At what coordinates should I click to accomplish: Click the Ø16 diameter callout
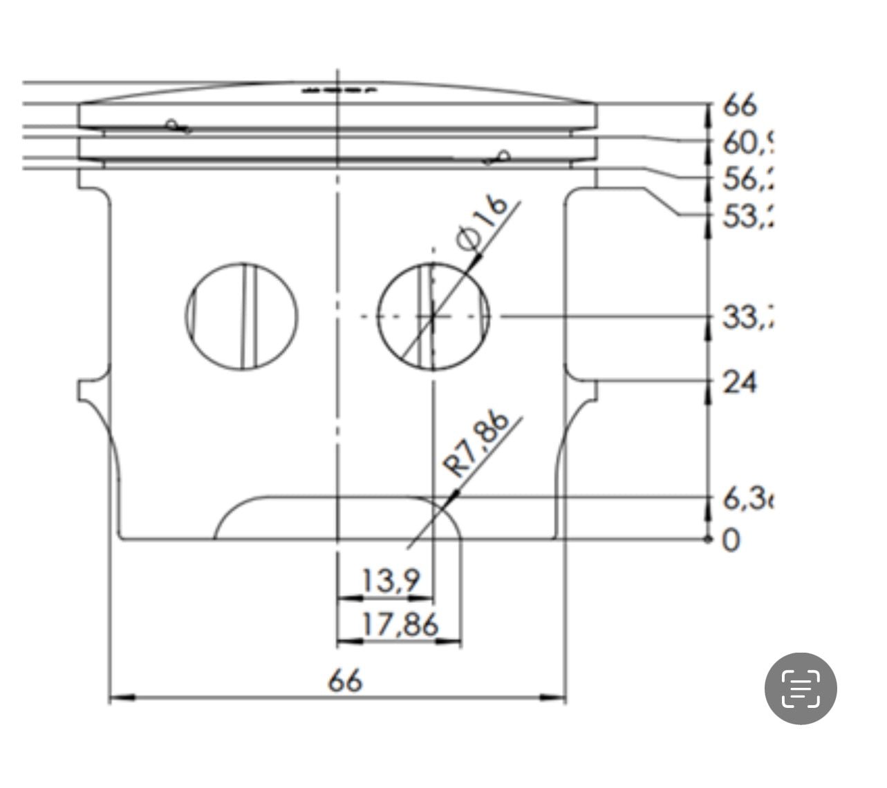tap(482, 222)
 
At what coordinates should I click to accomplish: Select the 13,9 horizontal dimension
tap(391, 581)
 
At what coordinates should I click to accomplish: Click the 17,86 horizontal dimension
tap(400, 625)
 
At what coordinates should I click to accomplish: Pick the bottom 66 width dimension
tap(345, 682)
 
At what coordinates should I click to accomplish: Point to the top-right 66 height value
tap(740, 106)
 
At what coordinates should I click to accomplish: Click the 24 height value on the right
tap(740, 382)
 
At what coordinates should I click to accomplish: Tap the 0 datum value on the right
tap(731, 540)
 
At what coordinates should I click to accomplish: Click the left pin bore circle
tap(243, 316)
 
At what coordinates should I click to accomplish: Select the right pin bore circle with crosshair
tap(433, 316)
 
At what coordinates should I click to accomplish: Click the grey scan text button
tap(801, 688)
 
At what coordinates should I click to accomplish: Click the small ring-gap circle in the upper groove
tap(171, 125)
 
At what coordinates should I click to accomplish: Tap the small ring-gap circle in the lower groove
tap(505, 155)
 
